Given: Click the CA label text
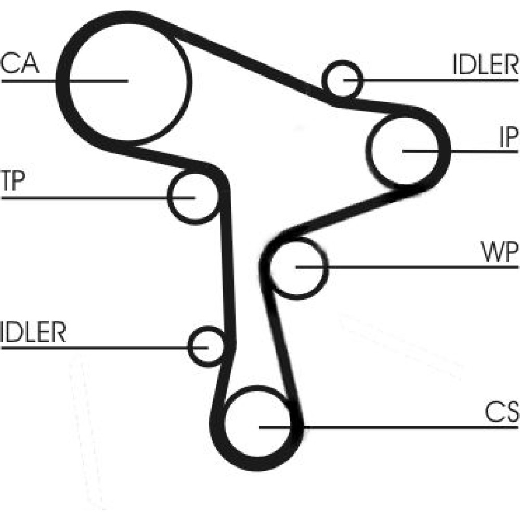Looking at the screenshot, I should pyautogui.click(x=19, y=63).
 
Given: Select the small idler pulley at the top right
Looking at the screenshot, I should pyautogui.click(x=342, y=80).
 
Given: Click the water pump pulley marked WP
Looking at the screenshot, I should pyautogui.click(x=297, y=267).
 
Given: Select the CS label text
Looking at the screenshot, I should pyautogui.click(x=501, y=413).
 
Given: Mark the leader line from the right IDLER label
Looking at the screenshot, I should pyautogui.click(x=437, y=80).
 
